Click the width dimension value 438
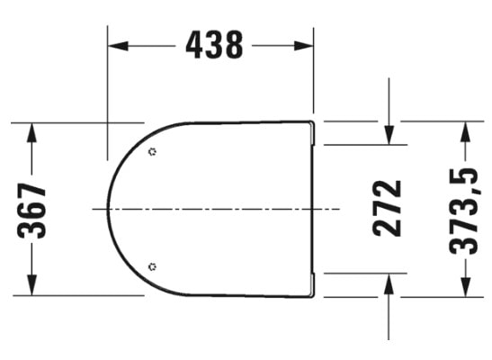coord(214,44)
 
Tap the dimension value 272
coord(388,208)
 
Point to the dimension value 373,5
coord(465,208)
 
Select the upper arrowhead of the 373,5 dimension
coord(465,129)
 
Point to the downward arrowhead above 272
coord(388,135)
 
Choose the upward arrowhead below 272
coord(388,282)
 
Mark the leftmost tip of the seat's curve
coord(108,209)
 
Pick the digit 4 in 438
coord(194,44)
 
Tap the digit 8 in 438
coord(234,44)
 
